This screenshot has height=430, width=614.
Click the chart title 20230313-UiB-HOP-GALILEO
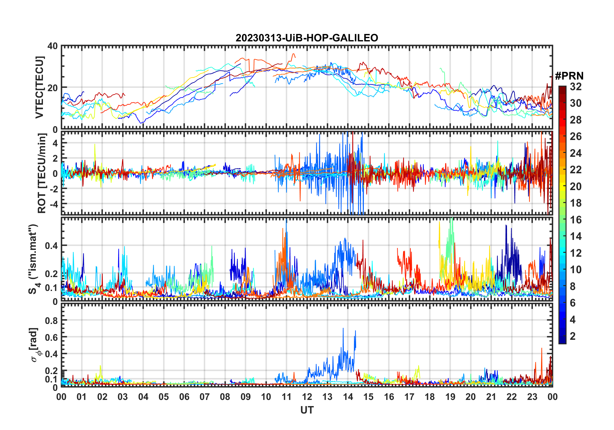point(307,38)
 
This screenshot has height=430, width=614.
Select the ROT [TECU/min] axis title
point(42,173)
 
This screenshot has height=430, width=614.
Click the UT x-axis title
point(307,410)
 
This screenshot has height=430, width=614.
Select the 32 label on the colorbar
point(576,87)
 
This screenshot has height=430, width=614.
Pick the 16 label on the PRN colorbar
point(576,220)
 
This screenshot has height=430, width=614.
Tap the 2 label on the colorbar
point(573,336)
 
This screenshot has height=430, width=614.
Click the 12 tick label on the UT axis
point(307,397)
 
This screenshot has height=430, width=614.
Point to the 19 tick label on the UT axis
point(450,397)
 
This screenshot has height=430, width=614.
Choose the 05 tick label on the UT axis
point(164,397)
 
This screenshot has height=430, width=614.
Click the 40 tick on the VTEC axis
point(53,46)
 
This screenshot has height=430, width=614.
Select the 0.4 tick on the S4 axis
point(51,246)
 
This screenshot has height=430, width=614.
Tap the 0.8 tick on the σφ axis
point(51,320)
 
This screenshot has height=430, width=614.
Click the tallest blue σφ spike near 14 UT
point(343,328)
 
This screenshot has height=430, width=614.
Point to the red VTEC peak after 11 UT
point(293,54)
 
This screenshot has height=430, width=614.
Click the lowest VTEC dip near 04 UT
point(141,123)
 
